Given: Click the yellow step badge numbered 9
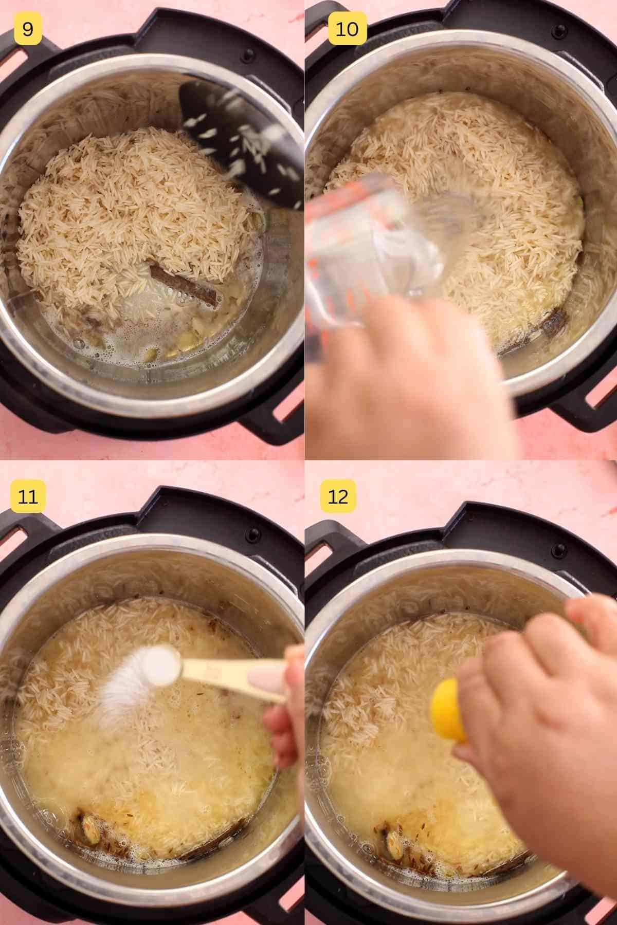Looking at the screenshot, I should (x=28, y=29).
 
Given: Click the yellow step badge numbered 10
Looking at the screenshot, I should (x=347, y=29).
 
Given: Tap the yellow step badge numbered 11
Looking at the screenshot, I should (x=28, y=496).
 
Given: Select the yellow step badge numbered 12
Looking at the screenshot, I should (x=338, y=496).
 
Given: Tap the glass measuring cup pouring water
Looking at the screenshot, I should (x=375, y=247).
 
